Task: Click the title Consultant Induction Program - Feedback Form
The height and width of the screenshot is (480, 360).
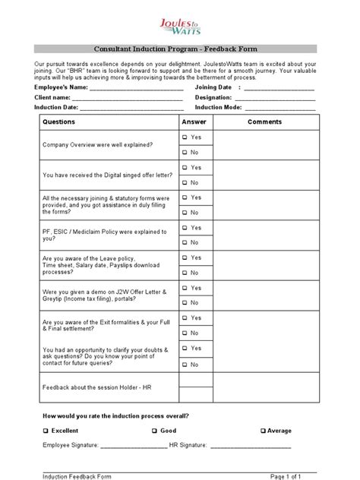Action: tap(179, 49)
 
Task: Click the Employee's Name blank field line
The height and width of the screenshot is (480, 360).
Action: tap(136, 89)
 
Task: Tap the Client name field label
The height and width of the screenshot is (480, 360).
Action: tap(52, 98)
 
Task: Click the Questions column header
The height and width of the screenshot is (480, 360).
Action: tap(59, 122)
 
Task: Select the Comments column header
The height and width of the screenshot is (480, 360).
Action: tap(264, 122)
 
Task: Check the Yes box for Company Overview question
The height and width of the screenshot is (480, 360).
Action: tap(185, 137)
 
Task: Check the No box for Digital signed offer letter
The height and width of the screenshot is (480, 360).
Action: tap(185, 182)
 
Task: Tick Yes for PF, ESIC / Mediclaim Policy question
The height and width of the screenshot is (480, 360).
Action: tap(185, 228)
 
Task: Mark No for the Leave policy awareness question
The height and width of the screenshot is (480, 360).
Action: tap(185, 273)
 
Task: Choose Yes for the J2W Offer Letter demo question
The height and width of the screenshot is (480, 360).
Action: tap(185, 288)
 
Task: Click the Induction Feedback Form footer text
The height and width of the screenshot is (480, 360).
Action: tap(77, 476)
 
